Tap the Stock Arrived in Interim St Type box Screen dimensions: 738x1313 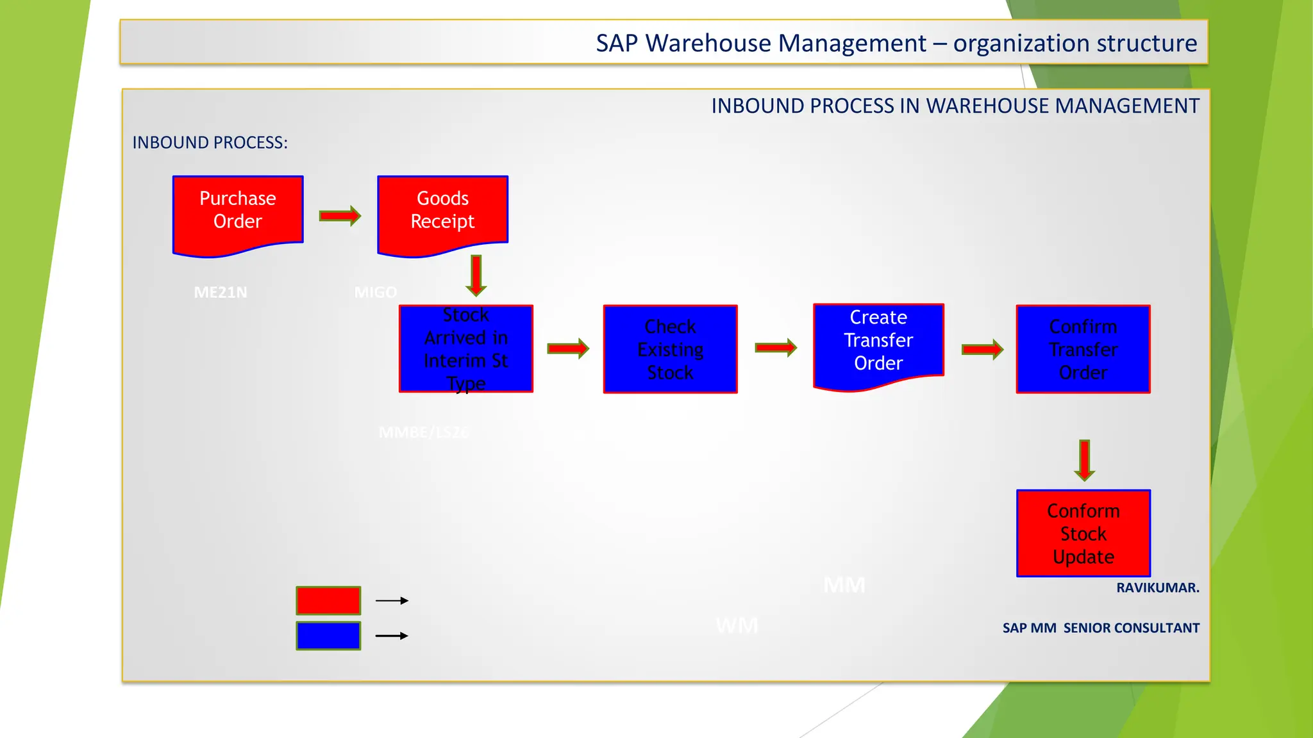466,349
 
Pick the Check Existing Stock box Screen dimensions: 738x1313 670,349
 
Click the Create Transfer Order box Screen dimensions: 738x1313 878,343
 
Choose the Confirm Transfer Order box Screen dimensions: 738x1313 1083,349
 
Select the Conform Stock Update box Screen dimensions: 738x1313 1083,533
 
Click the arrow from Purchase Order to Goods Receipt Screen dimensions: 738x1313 340,216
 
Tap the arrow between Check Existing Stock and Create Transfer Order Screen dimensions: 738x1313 776,348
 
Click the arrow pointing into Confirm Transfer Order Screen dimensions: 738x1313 982,349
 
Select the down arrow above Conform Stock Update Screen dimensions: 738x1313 1084,460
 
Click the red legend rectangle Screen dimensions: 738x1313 328,601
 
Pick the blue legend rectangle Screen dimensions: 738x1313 328,635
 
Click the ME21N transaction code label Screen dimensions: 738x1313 221,293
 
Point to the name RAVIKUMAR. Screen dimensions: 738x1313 1157,587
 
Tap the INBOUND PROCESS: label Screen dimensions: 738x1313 210,142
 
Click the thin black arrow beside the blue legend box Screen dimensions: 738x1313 392,635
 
